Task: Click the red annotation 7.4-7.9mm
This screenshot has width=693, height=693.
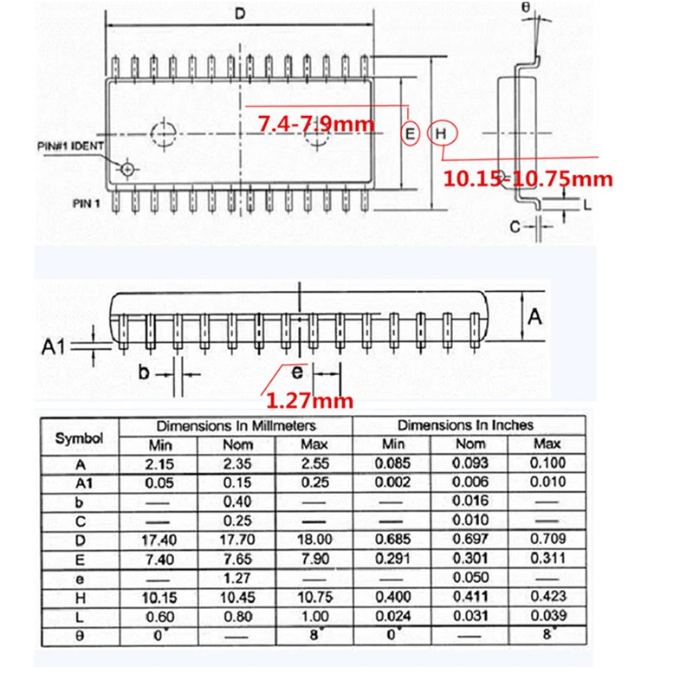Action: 316,125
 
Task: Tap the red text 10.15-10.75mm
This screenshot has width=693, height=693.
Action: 528,179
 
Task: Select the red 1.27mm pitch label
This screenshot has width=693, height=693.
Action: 309,400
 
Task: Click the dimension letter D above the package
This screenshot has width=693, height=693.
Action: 242,14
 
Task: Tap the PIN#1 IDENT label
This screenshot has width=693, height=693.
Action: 72,145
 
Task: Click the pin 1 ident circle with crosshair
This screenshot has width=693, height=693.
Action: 129,168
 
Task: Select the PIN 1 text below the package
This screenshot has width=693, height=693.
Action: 87,204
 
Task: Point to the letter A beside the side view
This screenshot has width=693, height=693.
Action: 534,317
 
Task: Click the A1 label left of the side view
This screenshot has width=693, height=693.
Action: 55,347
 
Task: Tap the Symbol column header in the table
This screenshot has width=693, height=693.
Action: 79,437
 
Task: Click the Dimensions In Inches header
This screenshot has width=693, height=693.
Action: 465,425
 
